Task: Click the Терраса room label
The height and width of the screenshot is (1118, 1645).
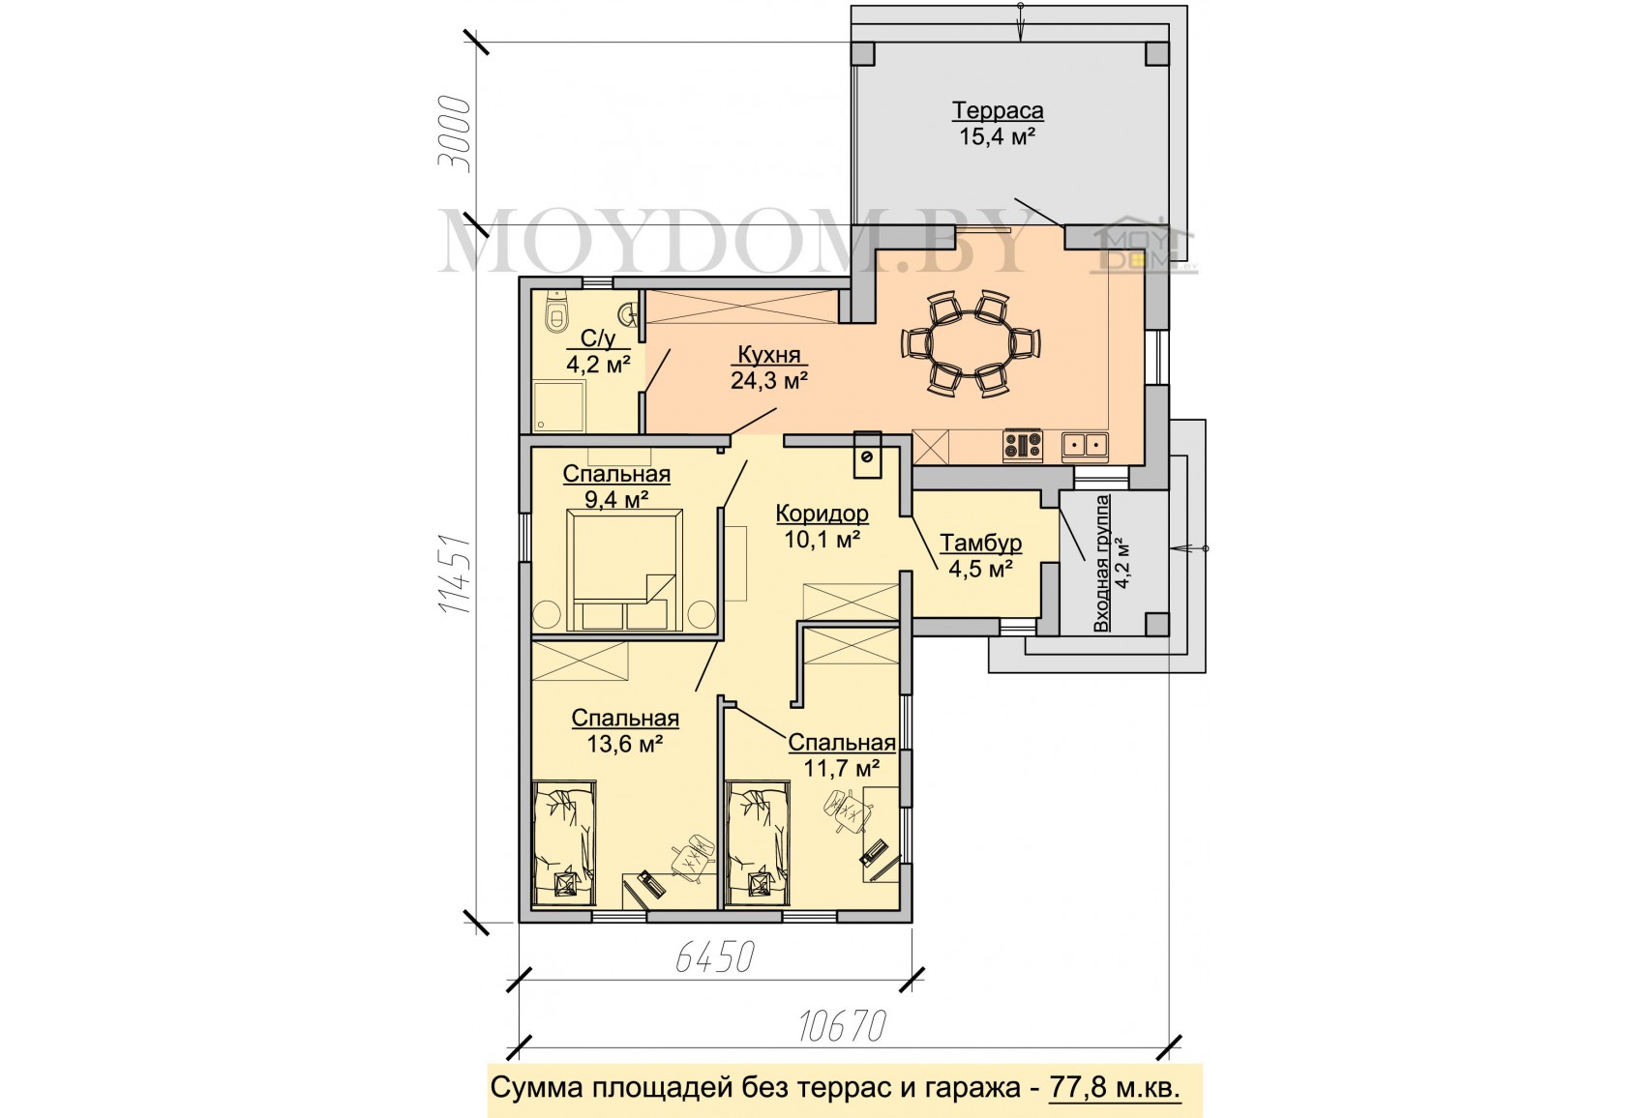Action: point(998,111)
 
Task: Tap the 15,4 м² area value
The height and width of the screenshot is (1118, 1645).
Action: point(998,136)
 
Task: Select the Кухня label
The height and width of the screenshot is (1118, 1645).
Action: point(769,355)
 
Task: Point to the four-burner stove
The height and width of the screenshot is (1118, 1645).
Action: point(1023,446)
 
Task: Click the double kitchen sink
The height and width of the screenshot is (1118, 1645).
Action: point(1085,446)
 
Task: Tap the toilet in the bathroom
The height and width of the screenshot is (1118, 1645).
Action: point(556,312)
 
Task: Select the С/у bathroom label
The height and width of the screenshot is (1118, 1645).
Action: point(597,338)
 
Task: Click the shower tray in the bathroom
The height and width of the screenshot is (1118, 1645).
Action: point(558,406)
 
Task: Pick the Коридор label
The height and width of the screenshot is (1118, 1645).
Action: point(822,514)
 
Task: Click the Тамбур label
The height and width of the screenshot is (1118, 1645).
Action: point(980,543)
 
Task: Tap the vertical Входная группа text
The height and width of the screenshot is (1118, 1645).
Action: point(1101,563)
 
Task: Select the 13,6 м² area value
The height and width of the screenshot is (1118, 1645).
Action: point(625,745)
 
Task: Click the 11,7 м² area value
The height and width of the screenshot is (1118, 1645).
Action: point(842,769)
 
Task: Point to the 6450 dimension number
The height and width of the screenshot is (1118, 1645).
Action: point(714,957)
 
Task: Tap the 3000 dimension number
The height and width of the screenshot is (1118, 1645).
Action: point(454,133)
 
